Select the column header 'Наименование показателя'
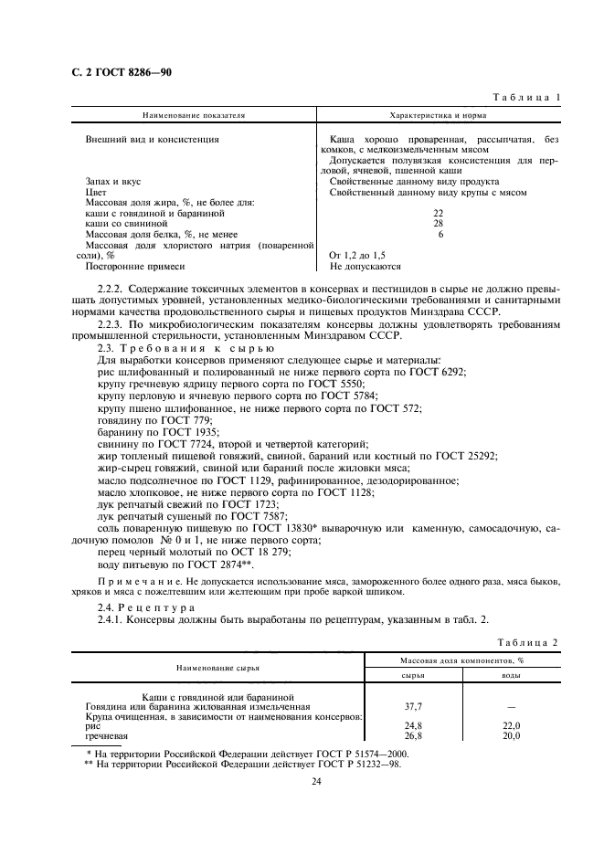(x=193, y=117)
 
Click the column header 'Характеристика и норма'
(x=437, y=117)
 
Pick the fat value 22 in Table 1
(x=438, y=212)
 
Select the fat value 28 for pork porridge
(x=438, y=223)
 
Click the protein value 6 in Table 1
(x=440, y=234)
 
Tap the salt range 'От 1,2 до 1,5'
(x=365, y=256)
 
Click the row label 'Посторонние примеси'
(x=135, y=267)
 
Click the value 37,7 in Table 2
(x=413, y=706)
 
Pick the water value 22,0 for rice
(x=510, y=725)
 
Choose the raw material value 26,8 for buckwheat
(x=413, y=735)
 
